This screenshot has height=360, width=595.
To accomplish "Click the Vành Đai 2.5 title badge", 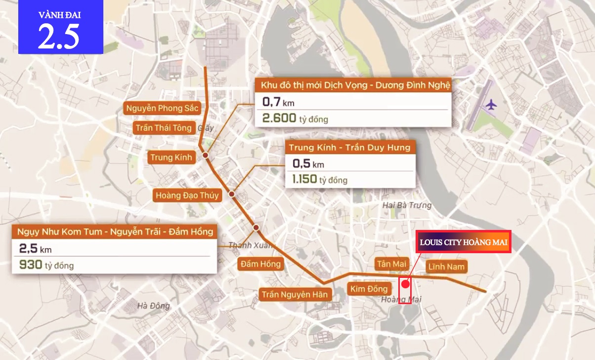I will pos(60,27).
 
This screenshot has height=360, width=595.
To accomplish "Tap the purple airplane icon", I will pos(491,105).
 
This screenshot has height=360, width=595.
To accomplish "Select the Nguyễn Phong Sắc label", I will pos(162,108).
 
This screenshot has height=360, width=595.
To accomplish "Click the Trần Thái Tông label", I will pos(164,128).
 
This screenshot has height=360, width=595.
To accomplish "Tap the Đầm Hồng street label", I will pos(260,264).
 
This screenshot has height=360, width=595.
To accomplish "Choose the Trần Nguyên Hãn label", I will pos(295,295).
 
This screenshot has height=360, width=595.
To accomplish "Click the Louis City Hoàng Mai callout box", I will pos(463,242).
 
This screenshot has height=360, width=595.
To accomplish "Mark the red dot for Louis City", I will pos(405,284).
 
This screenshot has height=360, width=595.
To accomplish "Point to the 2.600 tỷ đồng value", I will pos(295,118).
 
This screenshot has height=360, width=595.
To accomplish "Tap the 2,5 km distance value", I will pos(35,248).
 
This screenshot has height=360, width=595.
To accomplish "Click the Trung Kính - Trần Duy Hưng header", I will pos(349,148).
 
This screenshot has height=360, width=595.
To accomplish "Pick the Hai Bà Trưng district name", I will pos(407,205).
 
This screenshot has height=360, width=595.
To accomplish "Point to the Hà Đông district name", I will pos(154,306).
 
